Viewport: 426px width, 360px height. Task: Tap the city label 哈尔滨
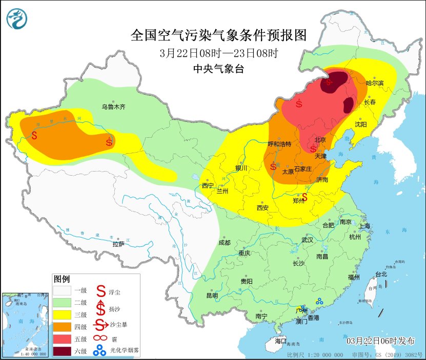[x=375, y=83]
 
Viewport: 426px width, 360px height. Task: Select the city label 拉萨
[x=118, y=244]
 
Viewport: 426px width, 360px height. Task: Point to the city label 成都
[x=224, y=243]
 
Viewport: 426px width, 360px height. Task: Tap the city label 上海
[x=364, y=226]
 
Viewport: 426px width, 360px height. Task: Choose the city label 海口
[x=280, y=341]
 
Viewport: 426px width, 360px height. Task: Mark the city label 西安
[x=262, y=208]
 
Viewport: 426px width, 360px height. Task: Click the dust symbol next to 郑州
[x=305, y=197]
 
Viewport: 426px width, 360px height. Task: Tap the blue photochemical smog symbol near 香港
[x=320, y=302]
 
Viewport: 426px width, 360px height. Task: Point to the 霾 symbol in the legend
[x=100, y=338]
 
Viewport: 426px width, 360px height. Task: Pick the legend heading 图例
[x=62, y=279]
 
